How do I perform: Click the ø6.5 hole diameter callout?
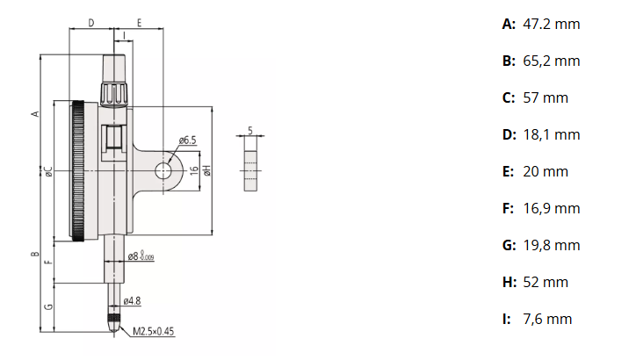point(186,140)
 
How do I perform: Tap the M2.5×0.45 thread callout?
point(155,332)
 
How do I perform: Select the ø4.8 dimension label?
point(133,301)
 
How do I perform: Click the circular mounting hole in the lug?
point(164,171)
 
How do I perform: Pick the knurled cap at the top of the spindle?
point(114,91)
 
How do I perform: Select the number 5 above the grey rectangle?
point(251,130)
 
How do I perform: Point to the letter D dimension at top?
point(91,23)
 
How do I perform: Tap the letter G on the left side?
point(50,306)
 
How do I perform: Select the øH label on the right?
point(206,170)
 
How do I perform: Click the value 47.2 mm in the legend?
point(551,25)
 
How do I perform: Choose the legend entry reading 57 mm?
point(546,97)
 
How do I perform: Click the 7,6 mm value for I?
point(547,319)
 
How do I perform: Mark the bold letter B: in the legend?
point(509,61)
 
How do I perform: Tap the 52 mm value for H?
point(546,282)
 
